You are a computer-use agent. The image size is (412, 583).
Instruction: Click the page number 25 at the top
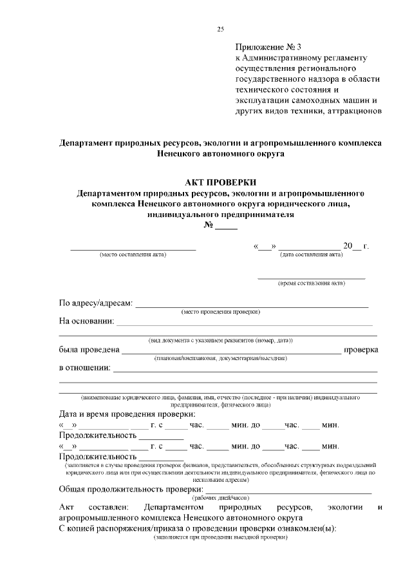click(x=221, y=29)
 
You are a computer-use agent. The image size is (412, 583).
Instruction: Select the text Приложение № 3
click(x=268, y=47)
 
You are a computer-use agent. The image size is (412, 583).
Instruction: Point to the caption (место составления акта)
click(x=133, y=254)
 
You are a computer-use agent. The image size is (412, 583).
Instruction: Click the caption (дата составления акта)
click(x=311, y=254)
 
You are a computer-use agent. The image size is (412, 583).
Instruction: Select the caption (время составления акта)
click(x=312, y=283)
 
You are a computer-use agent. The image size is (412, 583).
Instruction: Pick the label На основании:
click(x=87, y=321)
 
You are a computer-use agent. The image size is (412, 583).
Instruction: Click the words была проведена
click(x=89, y=350)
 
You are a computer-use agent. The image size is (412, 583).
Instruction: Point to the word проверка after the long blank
click(x=360, y=350)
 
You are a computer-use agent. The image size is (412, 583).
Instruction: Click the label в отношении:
click(x=84, y=368)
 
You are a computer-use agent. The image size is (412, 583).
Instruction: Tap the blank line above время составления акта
click(x=312, y=278)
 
